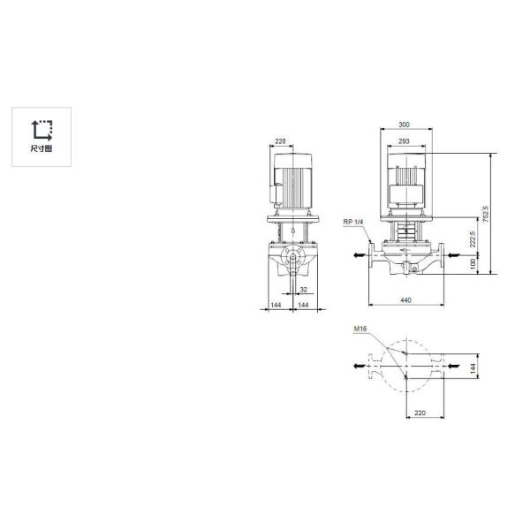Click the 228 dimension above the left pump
click(280, 140)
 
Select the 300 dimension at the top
click(405, 125)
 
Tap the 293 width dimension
click(405, 140)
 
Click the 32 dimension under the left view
click(303, 289)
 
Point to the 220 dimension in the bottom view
click(420, 413)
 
